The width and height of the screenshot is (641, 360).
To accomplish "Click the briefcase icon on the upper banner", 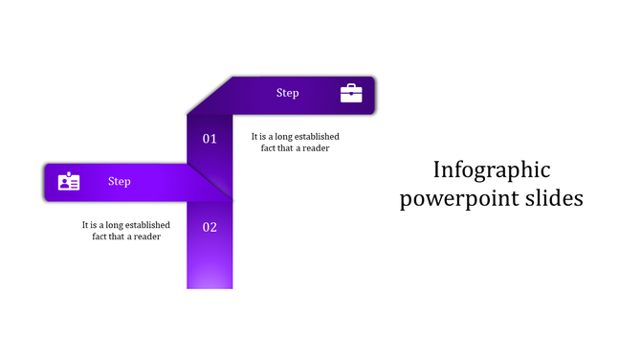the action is (351, 93).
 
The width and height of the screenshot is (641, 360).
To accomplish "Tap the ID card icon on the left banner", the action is (69, 181).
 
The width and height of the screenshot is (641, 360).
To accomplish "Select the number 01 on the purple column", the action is (210, 139).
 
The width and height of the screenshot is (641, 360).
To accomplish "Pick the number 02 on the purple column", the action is (210, 227).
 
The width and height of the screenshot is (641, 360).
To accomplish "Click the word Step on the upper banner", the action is (287, 93).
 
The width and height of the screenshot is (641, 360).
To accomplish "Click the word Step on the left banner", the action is (119, 181).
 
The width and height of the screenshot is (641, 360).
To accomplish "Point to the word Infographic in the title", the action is (492, 170).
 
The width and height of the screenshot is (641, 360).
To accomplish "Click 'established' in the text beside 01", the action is (316, 137).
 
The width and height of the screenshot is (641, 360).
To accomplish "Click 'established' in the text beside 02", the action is (146, 225).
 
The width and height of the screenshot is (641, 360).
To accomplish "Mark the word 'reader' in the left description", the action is (146, 236).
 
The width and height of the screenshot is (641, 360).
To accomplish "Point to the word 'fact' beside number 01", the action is (270, 148).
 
